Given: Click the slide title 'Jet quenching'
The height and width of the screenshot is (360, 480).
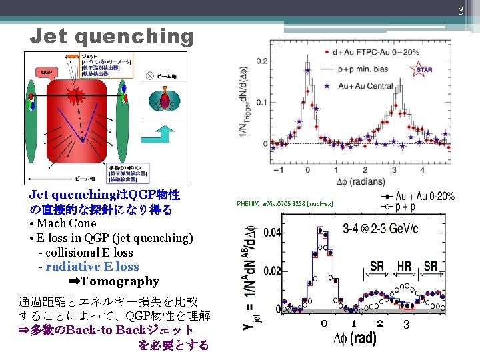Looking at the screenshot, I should [x=111, y=36].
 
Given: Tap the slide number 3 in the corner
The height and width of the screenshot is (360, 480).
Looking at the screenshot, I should [x=459, y=10].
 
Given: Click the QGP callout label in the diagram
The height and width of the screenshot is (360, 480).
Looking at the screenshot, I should [x=47, y=71].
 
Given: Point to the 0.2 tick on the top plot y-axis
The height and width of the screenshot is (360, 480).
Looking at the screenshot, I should [x=261, y=61].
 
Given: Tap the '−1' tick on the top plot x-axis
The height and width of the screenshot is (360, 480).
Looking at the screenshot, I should [x=277, y=170].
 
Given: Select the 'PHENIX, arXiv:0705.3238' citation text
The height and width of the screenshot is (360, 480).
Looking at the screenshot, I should [x=285, y=203].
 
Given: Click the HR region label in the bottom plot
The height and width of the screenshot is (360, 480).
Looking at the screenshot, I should [x=404, y=266].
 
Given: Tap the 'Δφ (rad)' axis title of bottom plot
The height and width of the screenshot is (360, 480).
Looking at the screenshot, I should [x=354, y=339].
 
